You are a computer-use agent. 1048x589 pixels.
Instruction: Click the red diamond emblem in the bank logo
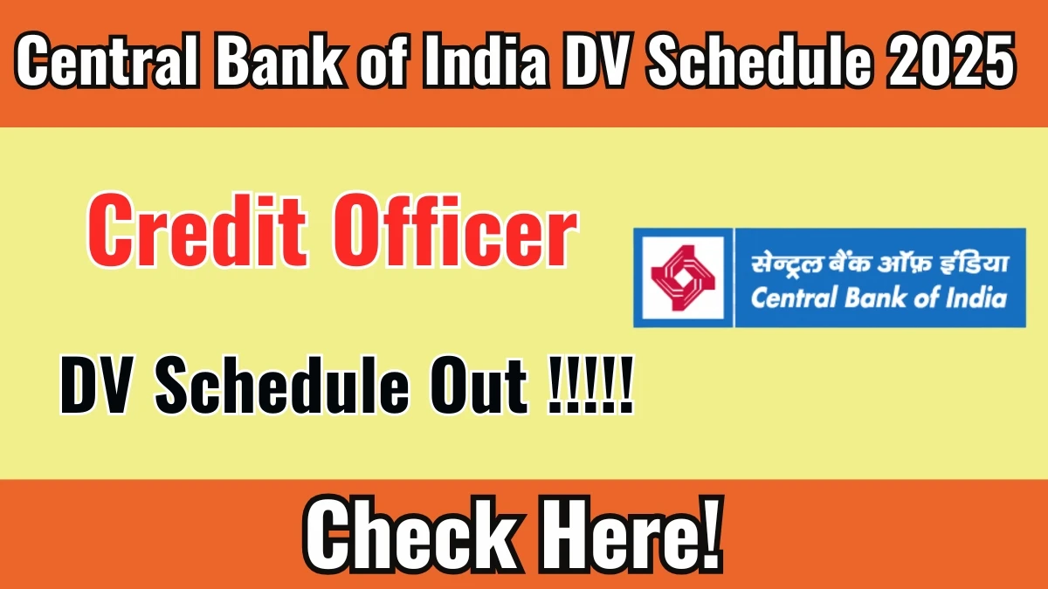point(683,278)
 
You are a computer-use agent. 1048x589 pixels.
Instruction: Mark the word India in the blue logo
point(973,298)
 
